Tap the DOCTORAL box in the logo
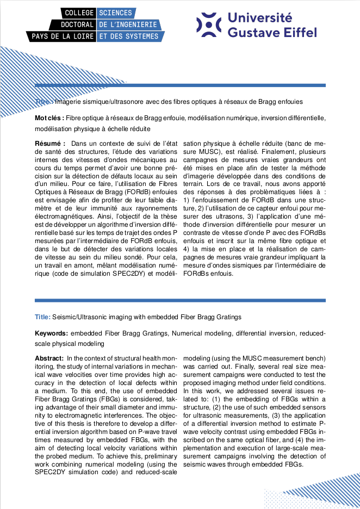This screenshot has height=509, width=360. click(73, 24)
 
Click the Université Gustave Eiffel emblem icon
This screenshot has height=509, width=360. click(209, 24)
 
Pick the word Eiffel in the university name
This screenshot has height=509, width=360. click(297, 33)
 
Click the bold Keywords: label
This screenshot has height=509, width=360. click(52, 333)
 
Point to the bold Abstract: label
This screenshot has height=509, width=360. click(49, 358)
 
